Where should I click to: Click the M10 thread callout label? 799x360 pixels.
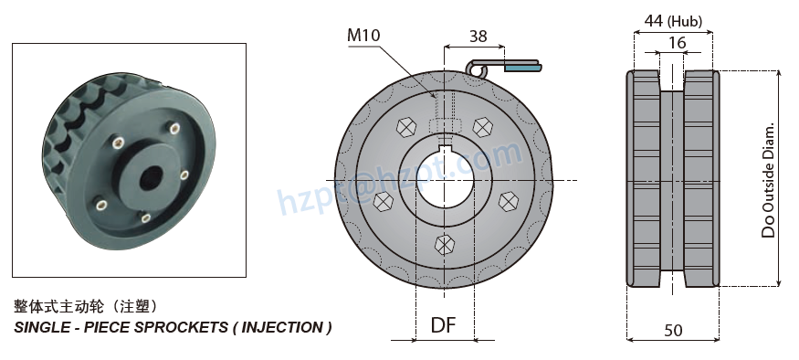pos(363,36)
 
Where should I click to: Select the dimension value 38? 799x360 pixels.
pos(477,36)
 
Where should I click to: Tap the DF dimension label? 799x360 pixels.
pos(443,325)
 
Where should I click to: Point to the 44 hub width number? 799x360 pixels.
pos(654,19)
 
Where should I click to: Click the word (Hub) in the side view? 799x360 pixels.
pos(684,19)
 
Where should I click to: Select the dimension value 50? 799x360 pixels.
pos(673,330)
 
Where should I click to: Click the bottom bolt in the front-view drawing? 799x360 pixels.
pos(444,244)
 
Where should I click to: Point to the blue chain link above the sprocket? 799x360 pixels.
pos(521,67)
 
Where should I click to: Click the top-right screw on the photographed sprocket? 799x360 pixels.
pos(184,173)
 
